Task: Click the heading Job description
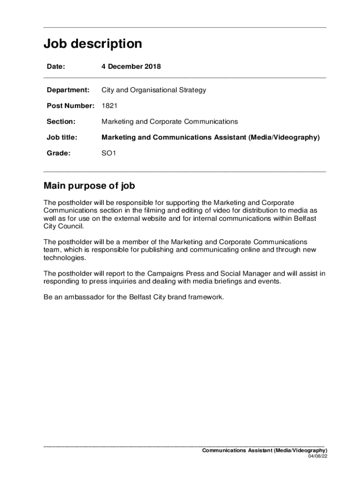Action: (93, 44)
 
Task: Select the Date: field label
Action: (56, 66)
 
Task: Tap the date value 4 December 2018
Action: (131, 66)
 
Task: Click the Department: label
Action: (68, 90)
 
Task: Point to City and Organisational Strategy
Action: (153, 90)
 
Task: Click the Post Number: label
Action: (71, 106)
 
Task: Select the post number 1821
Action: (109, 106)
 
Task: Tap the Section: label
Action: (61, 122)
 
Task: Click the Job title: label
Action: (62, 138)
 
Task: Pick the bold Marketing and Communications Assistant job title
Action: (210, 138)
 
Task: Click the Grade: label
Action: (58, 153)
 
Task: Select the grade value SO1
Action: (108, 153)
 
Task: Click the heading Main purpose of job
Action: (89, 186)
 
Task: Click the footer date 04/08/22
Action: (317, 457)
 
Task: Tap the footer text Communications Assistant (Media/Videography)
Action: (264, 450)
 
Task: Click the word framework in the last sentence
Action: (206, 298)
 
